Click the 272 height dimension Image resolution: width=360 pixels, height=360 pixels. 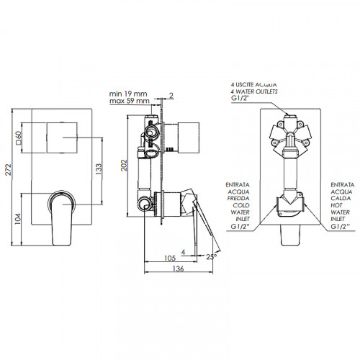pyautogui.click(x=9, y=170)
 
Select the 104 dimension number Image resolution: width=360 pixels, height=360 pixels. pyautogui.click(x=18, y=219)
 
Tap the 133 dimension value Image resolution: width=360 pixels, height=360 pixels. pyautogui.click(x=99, y=168)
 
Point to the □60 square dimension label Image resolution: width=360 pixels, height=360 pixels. pyautogui.click(x=19, y=138)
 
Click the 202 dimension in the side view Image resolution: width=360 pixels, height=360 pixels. pyautogui.click(x=124, y=165)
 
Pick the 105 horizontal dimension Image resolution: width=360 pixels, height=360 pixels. pyautogui.click(x=170, y=258)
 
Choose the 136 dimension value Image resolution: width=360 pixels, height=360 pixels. pyautogui.click(x=178, y=269)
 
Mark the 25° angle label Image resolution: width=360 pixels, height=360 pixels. pyautogui.click(x=212, y=256)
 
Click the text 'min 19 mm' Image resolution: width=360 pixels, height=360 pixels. pyautogui.click(x=128, y=94)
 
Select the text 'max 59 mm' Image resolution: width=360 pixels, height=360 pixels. pyautogui.click(x=130, y=101)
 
